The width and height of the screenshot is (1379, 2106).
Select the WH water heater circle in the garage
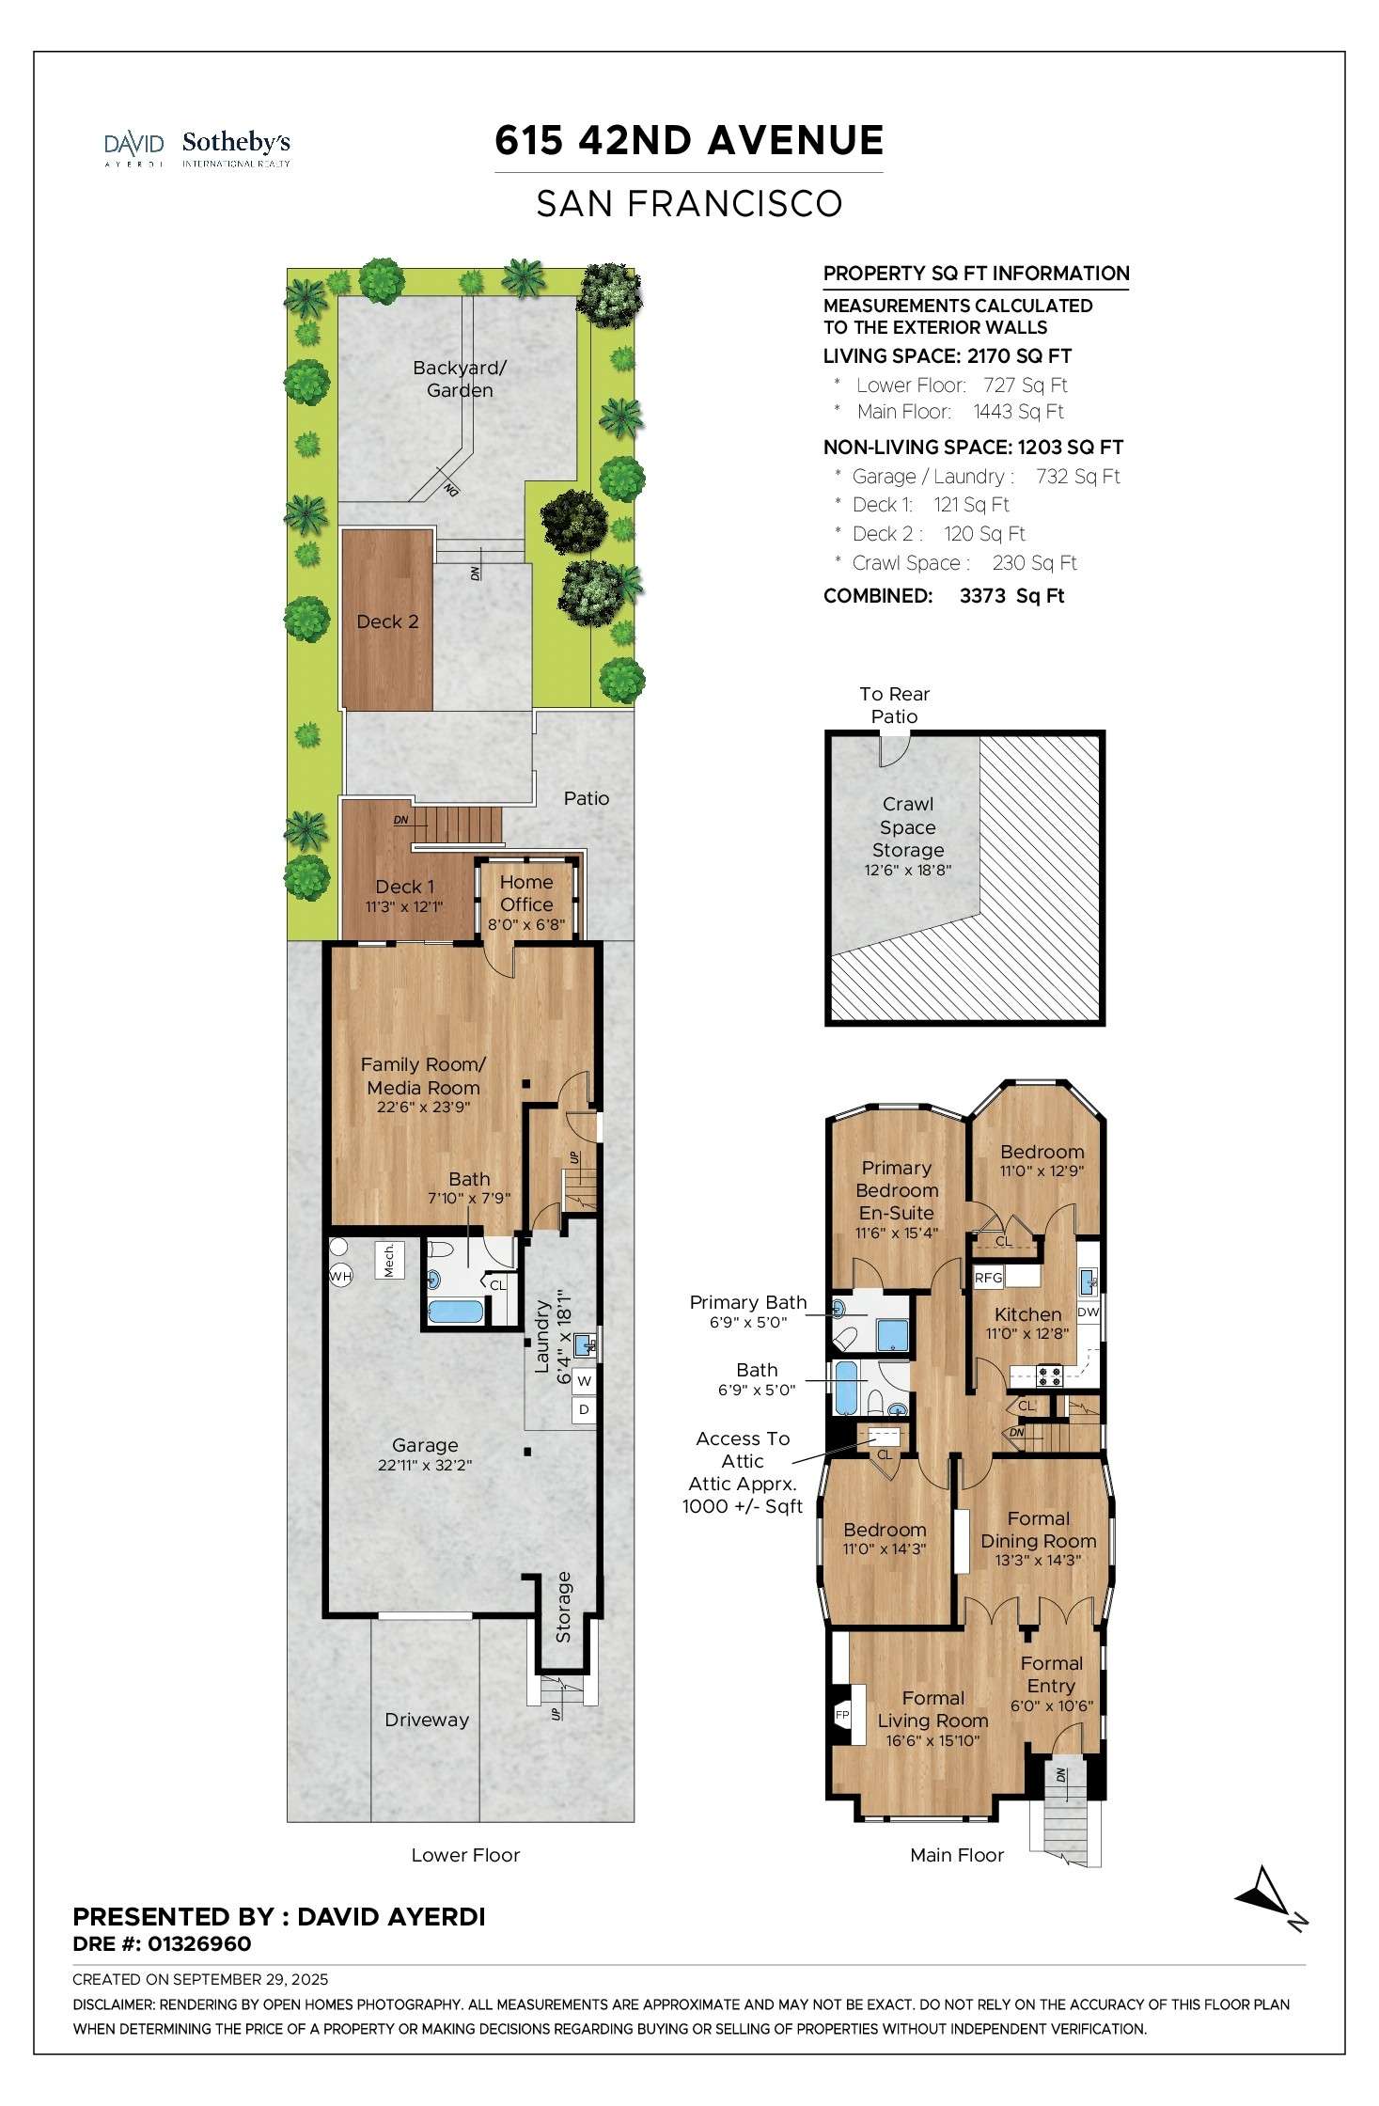(x=340, y=1276)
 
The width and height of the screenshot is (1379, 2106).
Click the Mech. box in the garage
(x=389, y=1260)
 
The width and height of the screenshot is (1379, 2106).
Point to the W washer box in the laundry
(x=584, y=1381)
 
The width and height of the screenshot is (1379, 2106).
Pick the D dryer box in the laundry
(x=584, y=1409)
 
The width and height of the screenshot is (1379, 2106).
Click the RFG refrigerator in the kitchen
(x=989, y=1277)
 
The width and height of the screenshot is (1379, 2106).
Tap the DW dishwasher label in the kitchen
(x=1088, y=1312)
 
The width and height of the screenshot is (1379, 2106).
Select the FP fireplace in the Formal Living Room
(x=842, y=1715)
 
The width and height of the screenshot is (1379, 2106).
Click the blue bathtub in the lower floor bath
(x=456, y=1312)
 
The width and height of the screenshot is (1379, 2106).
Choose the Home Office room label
(x=526, y=893)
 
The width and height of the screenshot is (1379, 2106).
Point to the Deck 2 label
(x=387, y=621)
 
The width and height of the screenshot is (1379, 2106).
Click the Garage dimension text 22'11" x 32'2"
(x=425, y=1465)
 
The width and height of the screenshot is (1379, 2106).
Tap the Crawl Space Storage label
(x=908, y=827)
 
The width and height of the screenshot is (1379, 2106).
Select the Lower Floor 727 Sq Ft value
(x=1026, y=385)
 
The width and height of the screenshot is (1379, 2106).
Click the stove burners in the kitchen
(x=1049, y=1376)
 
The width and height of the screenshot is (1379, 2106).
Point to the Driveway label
(x=427, y=1720)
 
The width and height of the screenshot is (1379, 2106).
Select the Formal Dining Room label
(x=1039, y=1530)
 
